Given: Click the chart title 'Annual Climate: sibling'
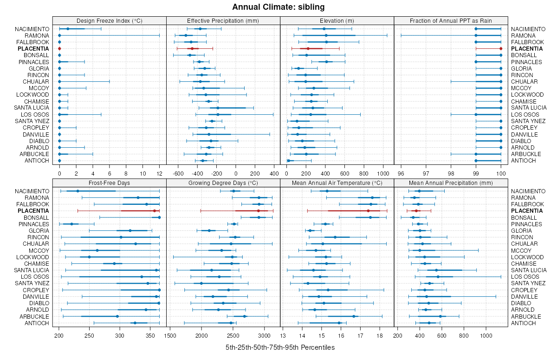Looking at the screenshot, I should [278, 7].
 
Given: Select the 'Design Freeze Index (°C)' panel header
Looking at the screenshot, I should [109, 20].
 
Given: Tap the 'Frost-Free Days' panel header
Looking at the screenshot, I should [109, 183].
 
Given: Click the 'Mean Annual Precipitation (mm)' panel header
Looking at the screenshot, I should [451, 183].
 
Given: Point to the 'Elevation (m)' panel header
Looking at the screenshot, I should [337, 20].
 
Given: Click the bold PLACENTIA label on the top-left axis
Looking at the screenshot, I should [33, 49].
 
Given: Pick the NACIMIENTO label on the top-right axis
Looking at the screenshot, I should [529, 29].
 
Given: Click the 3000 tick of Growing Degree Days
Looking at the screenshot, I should [264, 335].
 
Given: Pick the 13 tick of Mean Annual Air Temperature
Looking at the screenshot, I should [283, 335].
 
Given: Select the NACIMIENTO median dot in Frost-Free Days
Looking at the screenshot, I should [78, 191].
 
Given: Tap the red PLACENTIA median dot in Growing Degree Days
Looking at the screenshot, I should [259, 211].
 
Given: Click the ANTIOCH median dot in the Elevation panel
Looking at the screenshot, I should [288, 161].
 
